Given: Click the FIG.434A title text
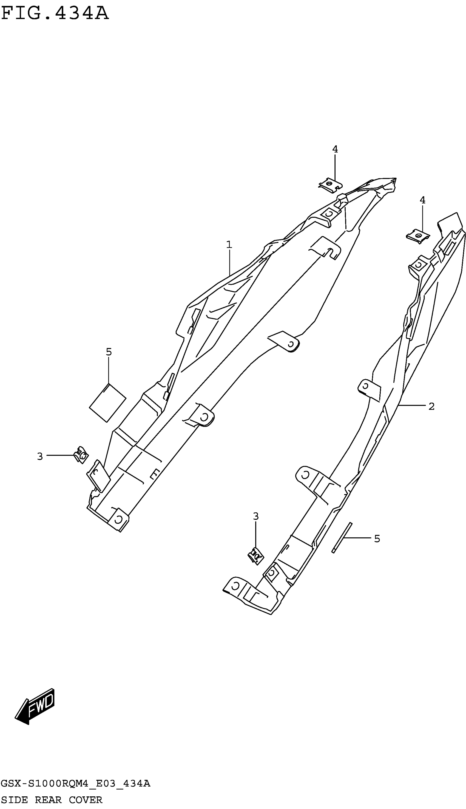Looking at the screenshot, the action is [55, 14].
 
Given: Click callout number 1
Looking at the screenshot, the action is [229, 245].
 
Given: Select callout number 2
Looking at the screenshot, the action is [431, 407].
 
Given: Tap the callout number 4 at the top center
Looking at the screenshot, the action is [335, 149].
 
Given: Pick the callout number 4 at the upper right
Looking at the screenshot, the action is [422, 200].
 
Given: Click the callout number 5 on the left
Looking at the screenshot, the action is [109, 352].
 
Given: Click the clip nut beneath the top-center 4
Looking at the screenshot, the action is [330, 185].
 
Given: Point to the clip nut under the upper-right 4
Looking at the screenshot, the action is [418, 237].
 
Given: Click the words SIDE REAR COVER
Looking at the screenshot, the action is [52, 800].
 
